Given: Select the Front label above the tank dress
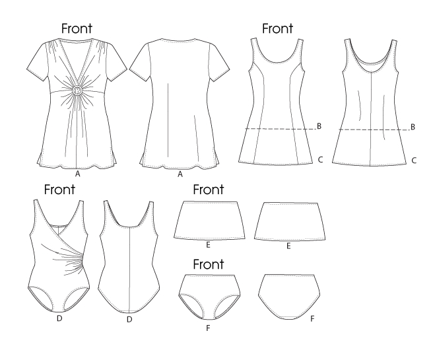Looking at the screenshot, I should pos(278,28).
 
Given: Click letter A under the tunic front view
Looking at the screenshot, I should pos(78,174).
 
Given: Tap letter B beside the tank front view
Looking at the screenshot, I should pos(319,126).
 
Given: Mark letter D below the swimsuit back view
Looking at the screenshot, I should pos(129,320).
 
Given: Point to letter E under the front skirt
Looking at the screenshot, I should pos(208,245).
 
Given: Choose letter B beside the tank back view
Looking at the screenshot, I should pos(413,126).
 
